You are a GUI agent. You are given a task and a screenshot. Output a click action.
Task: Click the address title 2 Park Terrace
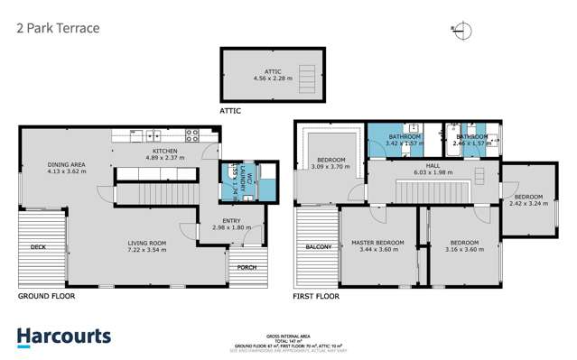[58, 28]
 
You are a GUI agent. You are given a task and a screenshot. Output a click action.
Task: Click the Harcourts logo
[64, 337]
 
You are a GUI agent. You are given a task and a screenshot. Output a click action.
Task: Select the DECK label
[37, 246]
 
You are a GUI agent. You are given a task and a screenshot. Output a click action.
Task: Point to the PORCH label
[246, 267]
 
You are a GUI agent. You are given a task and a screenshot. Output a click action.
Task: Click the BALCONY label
[317, 246]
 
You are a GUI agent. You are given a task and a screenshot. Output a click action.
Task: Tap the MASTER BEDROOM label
[377, 243]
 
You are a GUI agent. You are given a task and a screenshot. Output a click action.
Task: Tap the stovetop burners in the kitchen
[191, 135]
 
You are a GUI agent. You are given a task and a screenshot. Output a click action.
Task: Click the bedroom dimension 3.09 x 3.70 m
[329, 167]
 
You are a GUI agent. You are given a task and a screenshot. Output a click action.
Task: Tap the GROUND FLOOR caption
[46, 295]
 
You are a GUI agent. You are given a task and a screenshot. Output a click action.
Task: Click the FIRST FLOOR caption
[316, 295]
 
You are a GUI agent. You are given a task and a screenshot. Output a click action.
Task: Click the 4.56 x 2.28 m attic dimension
[273, 78]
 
